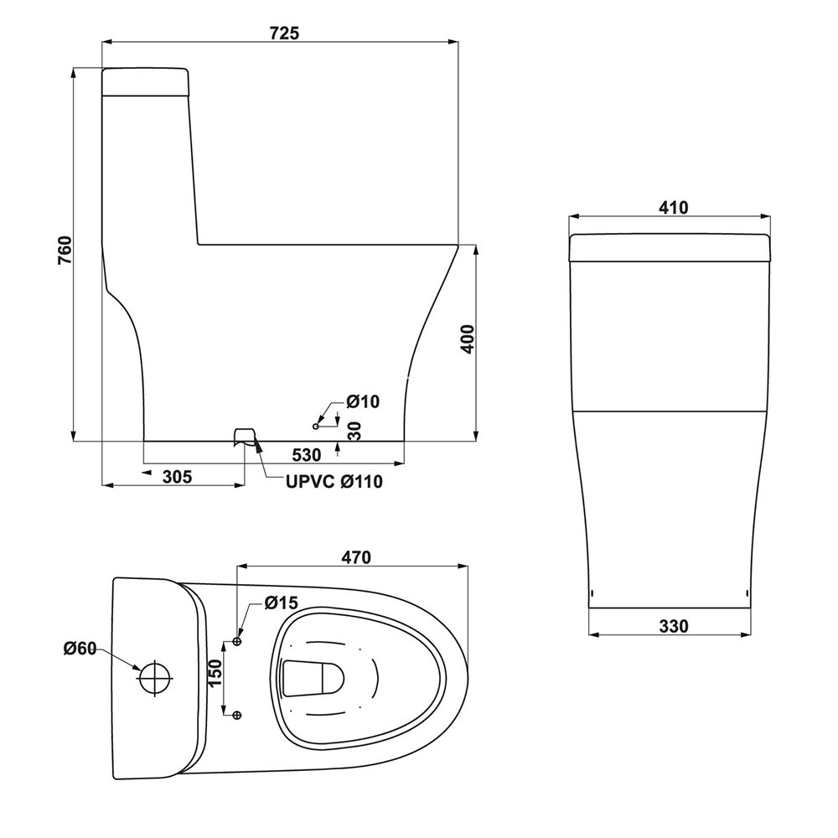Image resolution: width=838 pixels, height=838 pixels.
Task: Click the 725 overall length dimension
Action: tap(284, 34)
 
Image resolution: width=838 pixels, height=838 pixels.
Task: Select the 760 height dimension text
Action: tap(65, 250)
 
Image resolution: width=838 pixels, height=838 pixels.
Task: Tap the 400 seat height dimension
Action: tap(467, 339)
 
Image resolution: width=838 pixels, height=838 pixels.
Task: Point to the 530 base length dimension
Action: tap(306, 455)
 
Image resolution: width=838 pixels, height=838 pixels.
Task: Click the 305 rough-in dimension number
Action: tap(177, 476)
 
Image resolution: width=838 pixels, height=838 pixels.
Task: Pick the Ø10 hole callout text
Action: tap(363, 401)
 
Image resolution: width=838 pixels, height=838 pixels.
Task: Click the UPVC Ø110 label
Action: tap(334, 482)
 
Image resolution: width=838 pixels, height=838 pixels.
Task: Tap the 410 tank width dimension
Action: tap(674, 207)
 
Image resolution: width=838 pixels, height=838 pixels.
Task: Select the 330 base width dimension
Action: tap(674, 626)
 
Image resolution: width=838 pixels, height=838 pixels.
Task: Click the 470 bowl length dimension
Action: tap(356, 557)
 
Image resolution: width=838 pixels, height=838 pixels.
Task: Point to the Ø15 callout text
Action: tap(281, 603)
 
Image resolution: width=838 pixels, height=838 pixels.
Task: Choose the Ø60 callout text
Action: tap(80, 649)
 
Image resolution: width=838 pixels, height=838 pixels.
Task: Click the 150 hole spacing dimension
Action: tap(215, 675)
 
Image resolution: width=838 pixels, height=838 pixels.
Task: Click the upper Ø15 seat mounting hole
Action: tap(237, 641)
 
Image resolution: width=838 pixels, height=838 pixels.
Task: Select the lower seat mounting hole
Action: tap(237, 715)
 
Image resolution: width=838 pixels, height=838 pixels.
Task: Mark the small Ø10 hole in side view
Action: tap(315, 426)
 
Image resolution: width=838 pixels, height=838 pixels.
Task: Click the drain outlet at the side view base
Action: tap(244, 437)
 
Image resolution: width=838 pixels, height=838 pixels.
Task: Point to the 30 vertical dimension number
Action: tap(354, 431)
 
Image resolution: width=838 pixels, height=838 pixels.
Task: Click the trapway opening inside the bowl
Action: tap(313, 678)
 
